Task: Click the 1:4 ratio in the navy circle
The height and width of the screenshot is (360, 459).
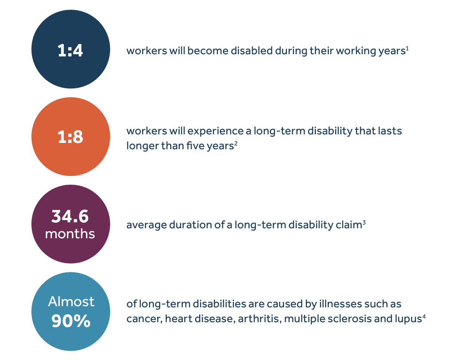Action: click(70, 50)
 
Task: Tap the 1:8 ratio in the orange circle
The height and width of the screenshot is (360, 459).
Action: click(70, 137)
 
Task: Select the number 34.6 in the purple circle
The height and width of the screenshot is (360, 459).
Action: click(70, 216)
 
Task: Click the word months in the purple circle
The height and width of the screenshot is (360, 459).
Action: click(70, 234)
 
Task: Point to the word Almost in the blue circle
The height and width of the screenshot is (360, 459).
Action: click(71, 301)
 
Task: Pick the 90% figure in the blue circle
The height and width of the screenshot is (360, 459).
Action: click(71, 321)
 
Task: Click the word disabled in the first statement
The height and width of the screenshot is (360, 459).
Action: click(252, 51)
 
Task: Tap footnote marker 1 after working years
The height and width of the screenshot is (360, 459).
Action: click(407, 49)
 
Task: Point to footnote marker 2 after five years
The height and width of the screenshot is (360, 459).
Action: click(236, 144)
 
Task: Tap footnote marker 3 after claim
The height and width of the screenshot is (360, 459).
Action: click(364, 223)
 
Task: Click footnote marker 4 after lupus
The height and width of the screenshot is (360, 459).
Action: click(424, 317)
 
